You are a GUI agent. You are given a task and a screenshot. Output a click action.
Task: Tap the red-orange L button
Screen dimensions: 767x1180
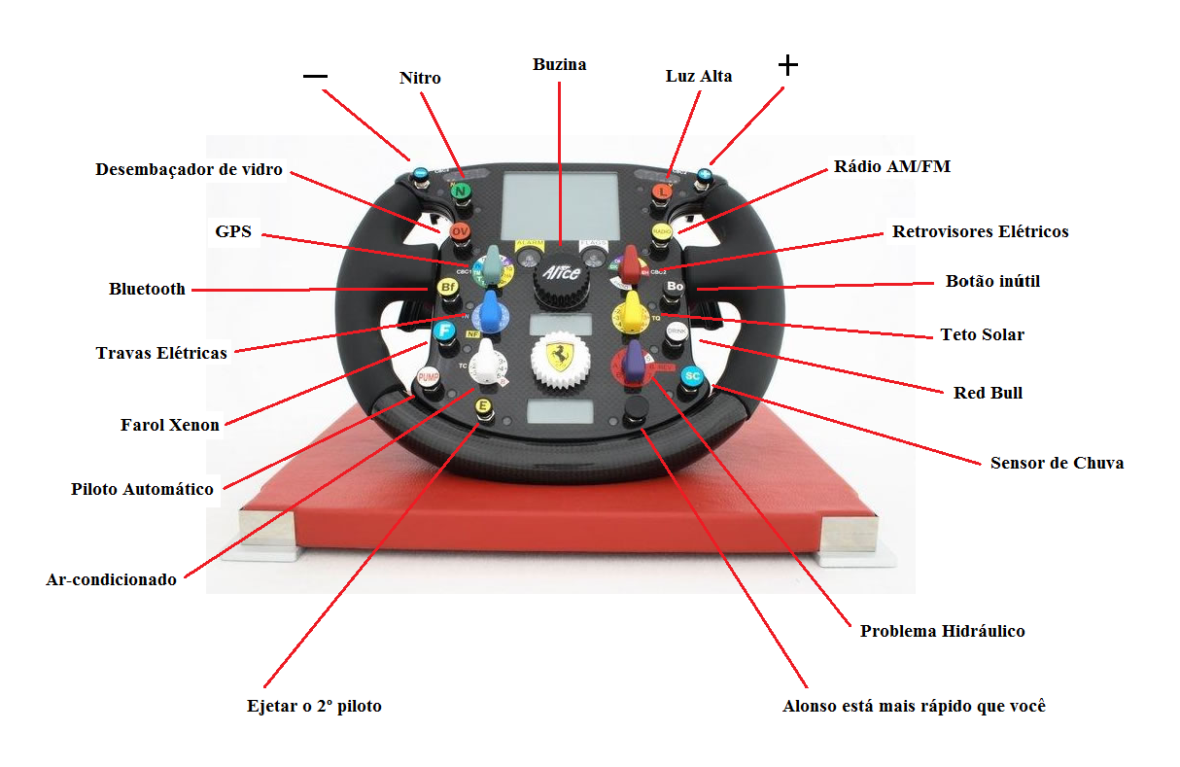pyautogui.click(x=662, y=192)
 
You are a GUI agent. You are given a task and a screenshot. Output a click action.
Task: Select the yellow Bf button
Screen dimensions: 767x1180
pyautogui.click(x=447, y=288)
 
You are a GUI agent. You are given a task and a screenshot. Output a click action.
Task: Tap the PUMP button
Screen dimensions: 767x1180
pyautogui.click(x=428, y=376)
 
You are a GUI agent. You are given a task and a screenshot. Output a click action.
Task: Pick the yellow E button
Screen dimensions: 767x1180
pyautogui.click(x=482, y=405)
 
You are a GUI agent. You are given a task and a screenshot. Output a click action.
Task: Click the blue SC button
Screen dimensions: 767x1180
pyautogui.click(x=692, y=375)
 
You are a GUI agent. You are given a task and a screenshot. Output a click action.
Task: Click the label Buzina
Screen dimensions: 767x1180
pyautogui.click(x=560, y=65)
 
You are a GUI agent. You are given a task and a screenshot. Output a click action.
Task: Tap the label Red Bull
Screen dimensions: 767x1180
pyautogui.click(x=989, y=394)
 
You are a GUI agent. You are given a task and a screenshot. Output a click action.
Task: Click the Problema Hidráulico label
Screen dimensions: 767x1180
pyautogui.click(x=942, y=632)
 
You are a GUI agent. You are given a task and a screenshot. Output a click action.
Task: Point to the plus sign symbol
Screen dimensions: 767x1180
pyautogui.click(x=788, y=65)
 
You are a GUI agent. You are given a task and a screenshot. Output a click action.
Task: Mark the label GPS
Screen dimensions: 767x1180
pyautogui.click(x=233, y=232)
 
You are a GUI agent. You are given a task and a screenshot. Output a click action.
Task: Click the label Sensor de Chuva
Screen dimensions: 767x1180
pyautogui.click(x=1057, y=463)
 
